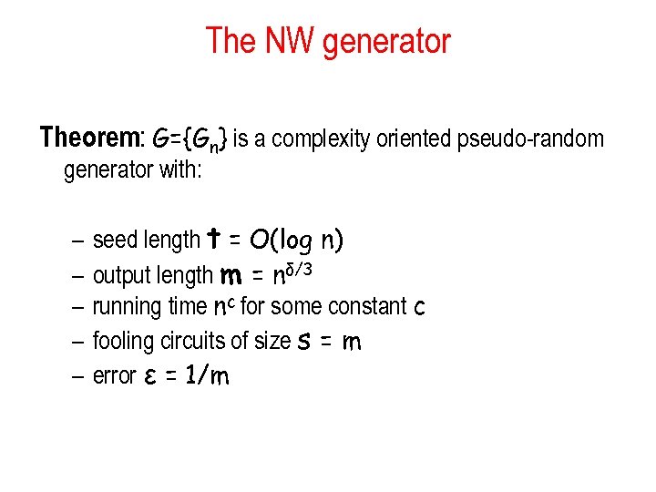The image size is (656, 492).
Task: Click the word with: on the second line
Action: (x=180, y=170)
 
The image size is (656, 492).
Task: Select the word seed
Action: (x=113, y=240)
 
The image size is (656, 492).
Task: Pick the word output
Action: (x=121, y=274)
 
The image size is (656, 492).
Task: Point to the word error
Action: (x=114, y=374)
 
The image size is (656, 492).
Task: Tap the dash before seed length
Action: (x=77, y=241)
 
